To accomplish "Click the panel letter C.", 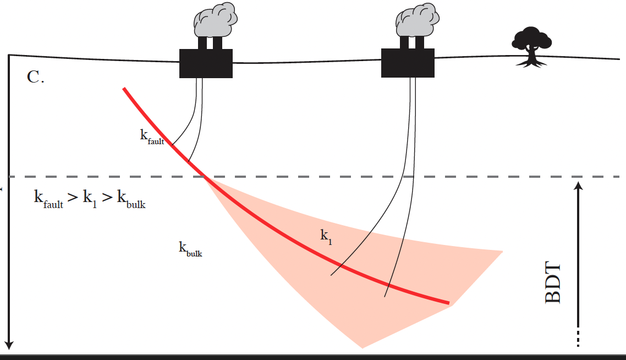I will tap(35, 77).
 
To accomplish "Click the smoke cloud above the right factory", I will tap(418, 20).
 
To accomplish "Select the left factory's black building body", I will tap(206, 63).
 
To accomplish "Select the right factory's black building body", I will tap(408, 62).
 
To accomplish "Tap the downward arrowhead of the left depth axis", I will tap(9, 345).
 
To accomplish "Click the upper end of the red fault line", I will tap(125, 89).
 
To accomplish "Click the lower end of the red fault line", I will tap(448, 303).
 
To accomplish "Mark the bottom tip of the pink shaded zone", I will tap(362, 347).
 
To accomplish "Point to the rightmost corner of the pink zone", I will tap(502, 251).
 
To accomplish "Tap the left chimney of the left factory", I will tap(202, 42).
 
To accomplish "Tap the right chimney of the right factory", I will tap(420, 42).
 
